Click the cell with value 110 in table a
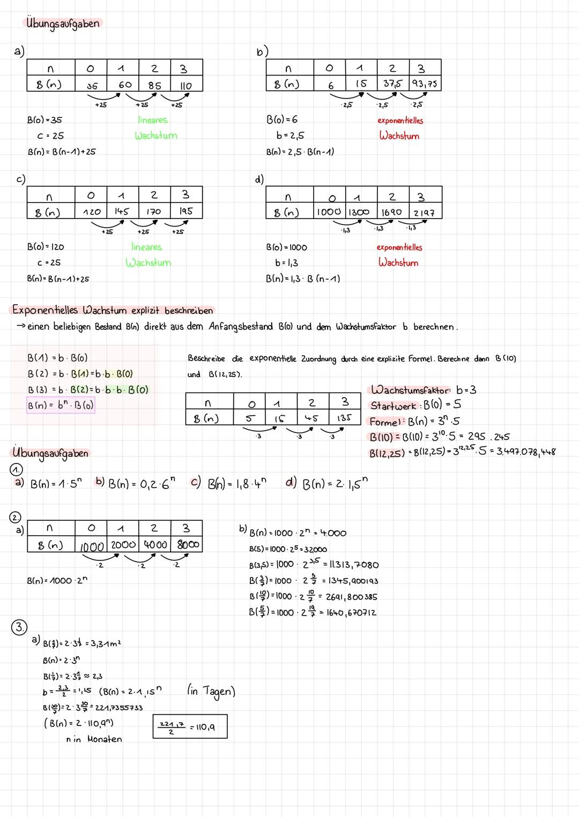185,85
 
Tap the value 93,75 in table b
425,84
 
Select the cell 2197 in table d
424,213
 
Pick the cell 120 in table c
92,212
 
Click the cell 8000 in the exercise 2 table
187,544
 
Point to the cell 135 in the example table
344,417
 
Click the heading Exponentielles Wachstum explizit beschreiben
113,310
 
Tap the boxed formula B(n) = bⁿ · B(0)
61,406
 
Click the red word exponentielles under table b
400,121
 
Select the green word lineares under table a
152,120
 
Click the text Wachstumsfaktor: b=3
423,389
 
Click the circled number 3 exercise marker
19,627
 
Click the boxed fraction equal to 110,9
190,727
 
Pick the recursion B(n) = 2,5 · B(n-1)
300,152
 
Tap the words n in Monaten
94,739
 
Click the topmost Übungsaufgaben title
62,24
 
